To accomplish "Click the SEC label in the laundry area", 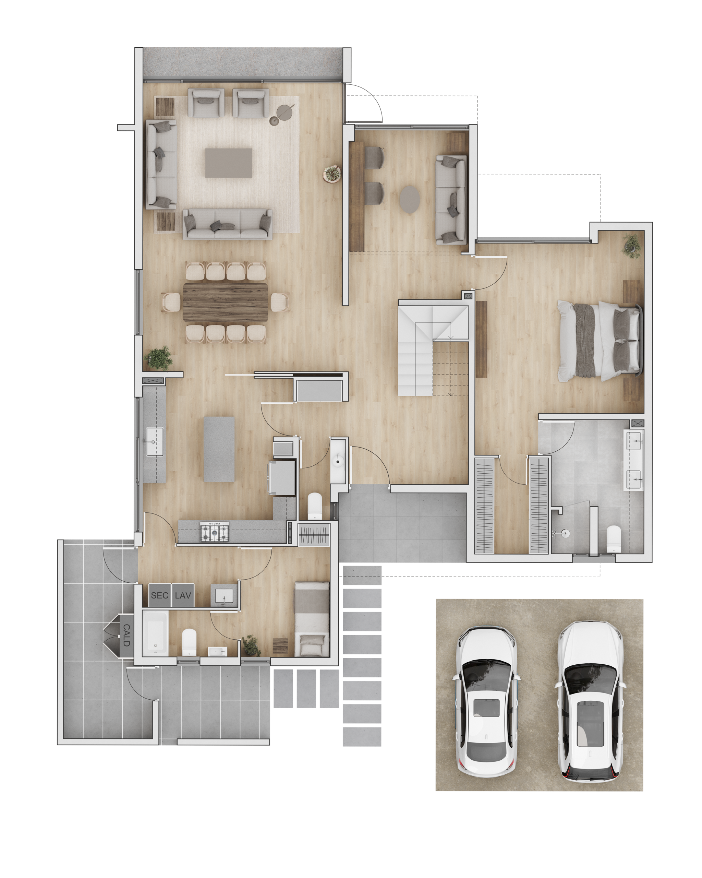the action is (159, 595).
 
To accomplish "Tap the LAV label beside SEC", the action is (183, 595).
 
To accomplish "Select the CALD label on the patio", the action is (126, 635).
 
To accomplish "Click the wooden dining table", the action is (226, 302).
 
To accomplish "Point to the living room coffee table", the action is (228, 163).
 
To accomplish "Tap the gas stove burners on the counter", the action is (215, 532).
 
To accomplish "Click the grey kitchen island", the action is (219, 449).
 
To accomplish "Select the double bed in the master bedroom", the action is (600, 341).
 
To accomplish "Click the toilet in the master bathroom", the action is (613, 539).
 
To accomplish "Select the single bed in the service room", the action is (312, 619).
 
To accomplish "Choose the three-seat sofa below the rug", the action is (228, 224).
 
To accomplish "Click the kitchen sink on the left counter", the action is (155, 441).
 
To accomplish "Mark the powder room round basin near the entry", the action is (338, 461).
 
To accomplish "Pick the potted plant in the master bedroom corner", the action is (632, 246).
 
